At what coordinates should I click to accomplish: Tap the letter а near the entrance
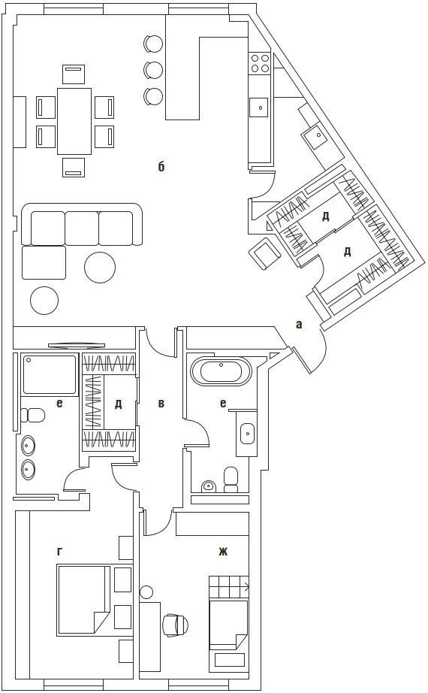(299, 325)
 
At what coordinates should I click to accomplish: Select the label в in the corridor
(161, 403)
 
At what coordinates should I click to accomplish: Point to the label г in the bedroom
(59, 551)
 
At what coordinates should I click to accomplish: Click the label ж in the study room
(223, 551)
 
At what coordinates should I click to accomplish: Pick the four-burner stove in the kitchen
(259, 62)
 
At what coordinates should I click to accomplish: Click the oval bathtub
(221, 372)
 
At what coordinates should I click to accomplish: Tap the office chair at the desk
(176, 625)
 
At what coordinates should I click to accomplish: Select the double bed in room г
(83, 599)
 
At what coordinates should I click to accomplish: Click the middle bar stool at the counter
(154, 69)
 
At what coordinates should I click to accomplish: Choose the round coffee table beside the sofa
(100, 267)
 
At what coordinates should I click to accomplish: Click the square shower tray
(50, 374)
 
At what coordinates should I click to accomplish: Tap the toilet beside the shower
(33, 416)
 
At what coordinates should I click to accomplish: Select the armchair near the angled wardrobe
(265, 252)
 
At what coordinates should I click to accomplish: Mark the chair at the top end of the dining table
(74, 74)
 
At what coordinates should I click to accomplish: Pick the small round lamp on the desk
(146, 591)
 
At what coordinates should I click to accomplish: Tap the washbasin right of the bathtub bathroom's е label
(247, 433)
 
